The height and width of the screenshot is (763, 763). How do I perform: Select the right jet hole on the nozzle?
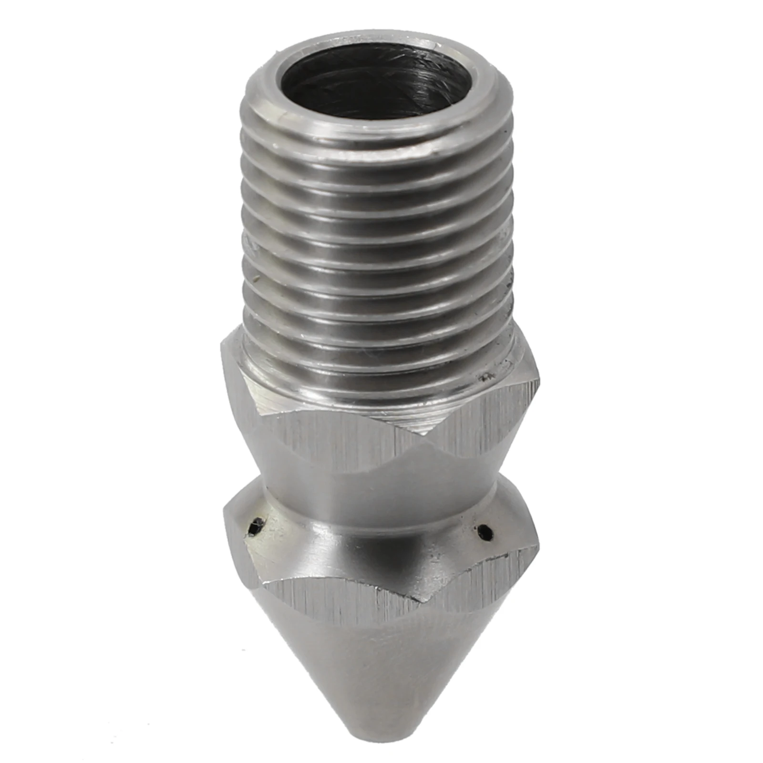(485, 530)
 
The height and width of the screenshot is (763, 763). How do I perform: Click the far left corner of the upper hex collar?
(222, 348)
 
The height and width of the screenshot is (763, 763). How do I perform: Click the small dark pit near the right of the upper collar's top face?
(486, 376)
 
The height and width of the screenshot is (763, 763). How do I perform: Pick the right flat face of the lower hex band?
(482, 582)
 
